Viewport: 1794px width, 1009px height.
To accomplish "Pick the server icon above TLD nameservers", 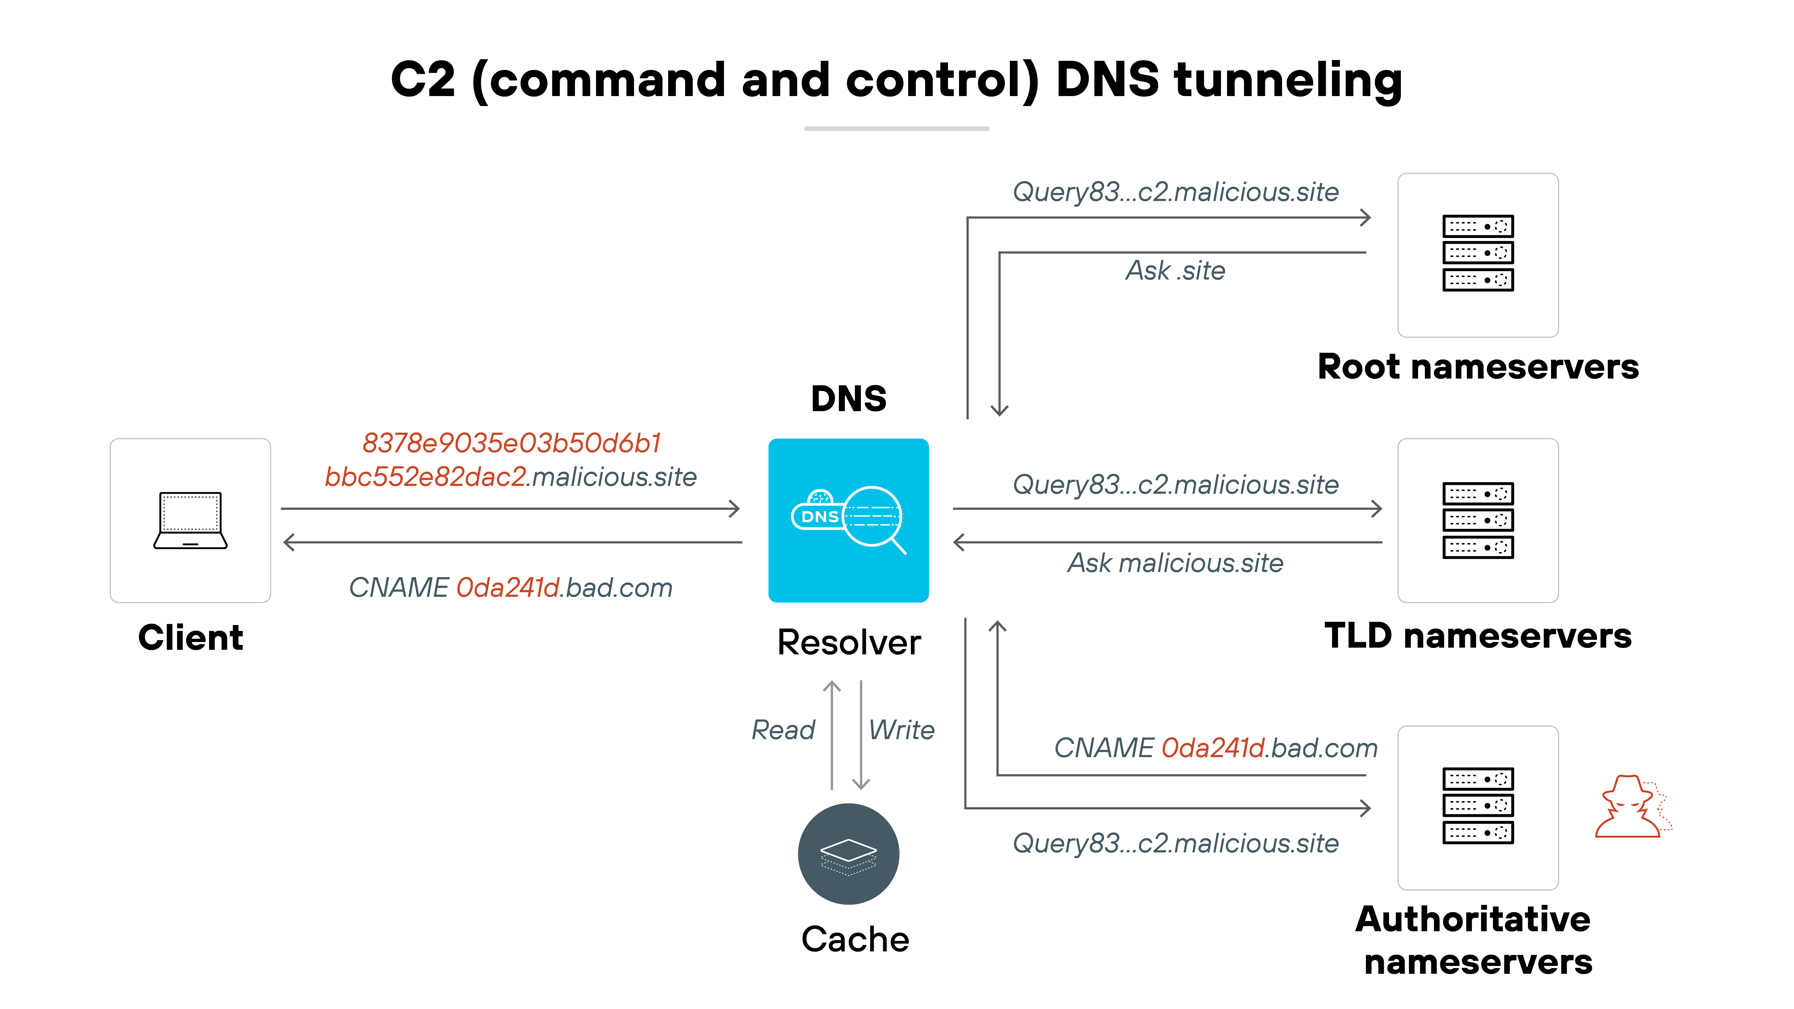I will click(x=1478, y=520).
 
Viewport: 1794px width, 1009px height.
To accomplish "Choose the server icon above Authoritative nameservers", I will click(x=1478, y=806).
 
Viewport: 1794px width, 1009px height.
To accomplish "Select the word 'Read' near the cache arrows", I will click(x=783, y=730).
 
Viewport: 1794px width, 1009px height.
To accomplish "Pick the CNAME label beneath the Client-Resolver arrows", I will click(x=510, y=588).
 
